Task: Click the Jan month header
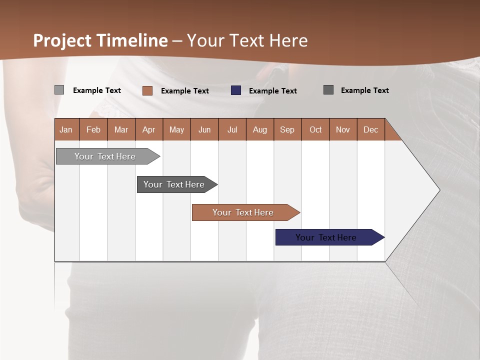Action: pos(66,129)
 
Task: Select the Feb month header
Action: pos(93,129)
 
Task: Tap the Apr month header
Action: pos(148,129)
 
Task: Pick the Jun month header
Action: pos(204,129)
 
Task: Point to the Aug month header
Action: pos(260,129)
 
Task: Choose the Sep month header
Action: pos(287,129)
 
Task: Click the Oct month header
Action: pos(315,129)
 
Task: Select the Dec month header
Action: pos(370,129)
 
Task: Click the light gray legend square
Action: pos(59,90)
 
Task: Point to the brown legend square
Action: pos(147,90)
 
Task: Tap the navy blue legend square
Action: pos(236,90)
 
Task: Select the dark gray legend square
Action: pos(328,90)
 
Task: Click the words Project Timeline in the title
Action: pos(100,40)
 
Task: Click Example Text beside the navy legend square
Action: pos(272,91)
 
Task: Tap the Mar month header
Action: pos(121,129)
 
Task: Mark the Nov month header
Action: pos(342,129)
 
